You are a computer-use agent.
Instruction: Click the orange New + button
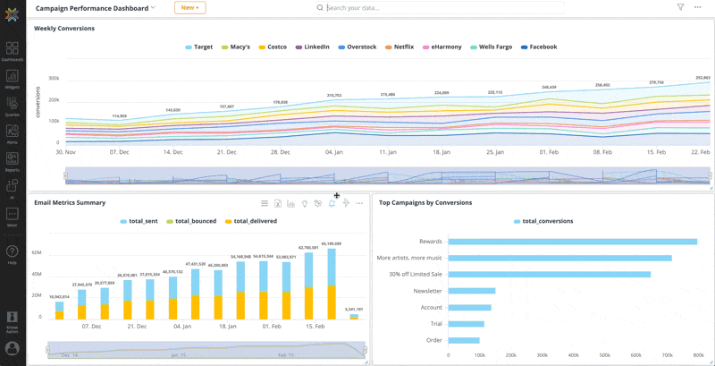pyautogui.click(x=189, y=7)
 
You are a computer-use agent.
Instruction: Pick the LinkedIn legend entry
pyautogui.click(x=313, y=47)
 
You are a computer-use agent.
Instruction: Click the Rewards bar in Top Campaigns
pyautogui.click(x=572, y=241)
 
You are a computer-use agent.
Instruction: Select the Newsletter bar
pyautogui.click(x=471, y=290)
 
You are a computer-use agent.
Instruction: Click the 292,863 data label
pyautogui.click(x=702, y=78)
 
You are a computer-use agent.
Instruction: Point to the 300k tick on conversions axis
pyautogui.click(x=54, y=78)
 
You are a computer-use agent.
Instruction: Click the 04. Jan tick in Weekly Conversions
pyautogui.click(x=333, y=152)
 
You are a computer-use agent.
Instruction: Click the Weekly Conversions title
pyautogui.click(x=64, y=29)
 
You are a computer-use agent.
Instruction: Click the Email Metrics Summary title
pyautogui.click(x=70, y=203)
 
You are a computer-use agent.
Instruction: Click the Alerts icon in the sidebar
pyautogui.click(x=12, y=132)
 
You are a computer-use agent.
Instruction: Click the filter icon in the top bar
pyautogui.click(x=680, y=7)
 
